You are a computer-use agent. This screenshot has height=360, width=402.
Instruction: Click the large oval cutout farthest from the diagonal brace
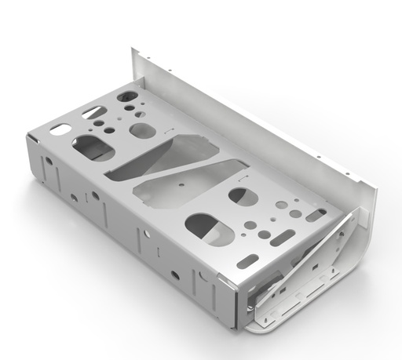click(x=93, y=147)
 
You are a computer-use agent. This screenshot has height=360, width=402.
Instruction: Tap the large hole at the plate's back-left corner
click(x=127, y=96)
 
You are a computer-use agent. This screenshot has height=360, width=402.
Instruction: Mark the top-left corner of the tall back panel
click(x=133, y=50)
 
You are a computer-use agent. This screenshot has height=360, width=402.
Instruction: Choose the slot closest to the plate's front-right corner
click(x=247, y=261)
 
